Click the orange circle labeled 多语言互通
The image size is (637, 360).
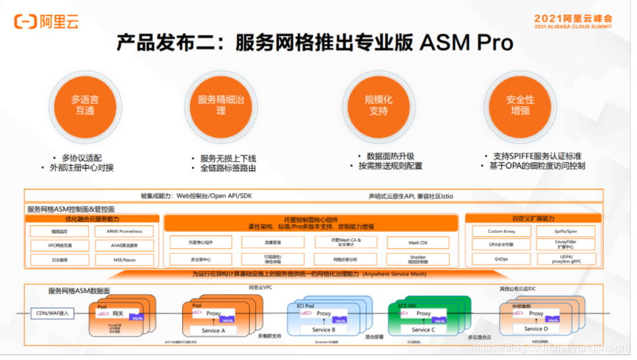tap(85, 105)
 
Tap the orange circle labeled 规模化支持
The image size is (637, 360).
tap(378, 105)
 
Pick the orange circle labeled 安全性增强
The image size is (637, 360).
tap(520, 105)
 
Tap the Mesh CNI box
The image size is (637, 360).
tap(418, 242)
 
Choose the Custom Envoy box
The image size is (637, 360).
tap(501, 231)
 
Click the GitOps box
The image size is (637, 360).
tap(501, 259)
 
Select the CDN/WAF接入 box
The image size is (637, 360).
tap(52, 313)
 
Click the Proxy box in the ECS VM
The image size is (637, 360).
tap(424, 314)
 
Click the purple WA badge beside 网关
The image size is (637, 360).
tap(137, 317)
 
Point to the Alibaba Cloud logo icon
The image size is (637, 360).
tap(26, 22)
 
